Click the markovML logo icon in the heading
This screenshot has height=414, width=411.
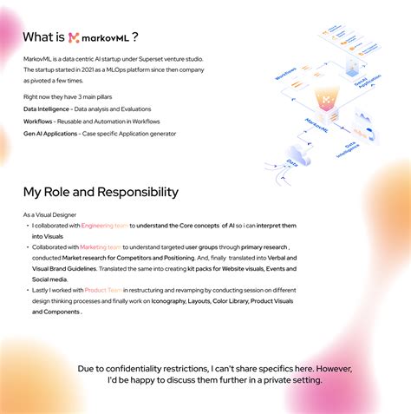(x=75, y=38)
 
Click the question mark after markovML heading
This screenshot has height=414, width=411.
(x=135, y=37)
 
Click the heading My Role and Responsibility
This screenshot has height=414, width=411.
(x=101, y=192)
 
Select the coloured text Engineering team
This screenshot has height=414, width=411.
(x=105, y=226)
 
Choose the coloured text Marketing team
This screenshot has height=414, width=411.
(x=100, y=247)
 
